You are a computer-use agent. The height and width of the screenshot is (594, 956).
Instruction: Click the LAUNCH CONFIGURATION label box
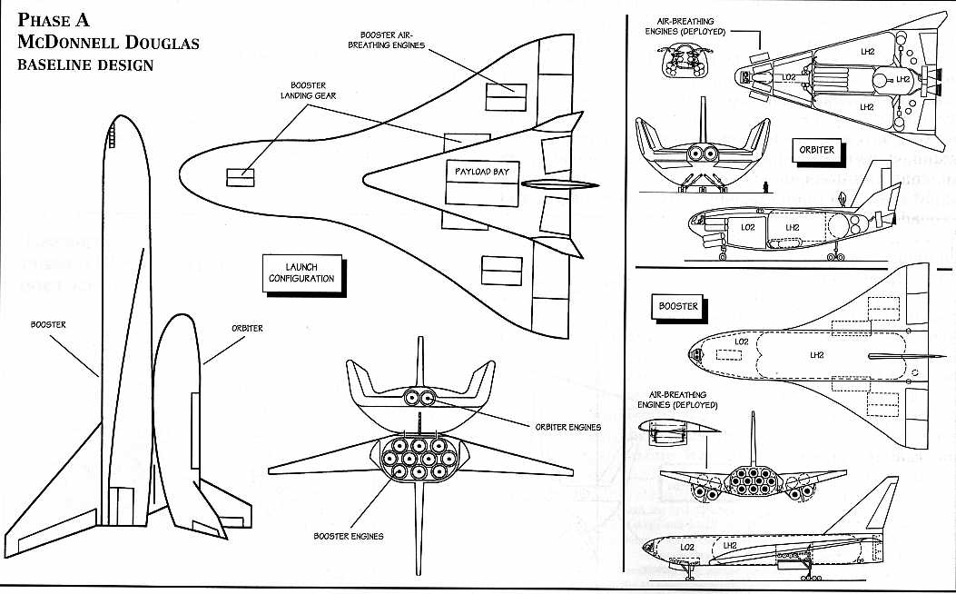[x=301, y=272]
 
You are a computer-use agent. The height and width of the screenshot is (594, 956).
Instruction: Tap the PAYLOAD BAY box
[x=482, y=172]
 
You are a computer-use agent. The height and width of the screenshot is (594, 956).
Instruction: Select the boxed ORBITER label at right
[x=816, y=150]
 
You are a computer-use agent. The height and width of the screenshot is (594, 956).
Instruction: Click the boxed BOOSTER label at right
[x=679, y=306]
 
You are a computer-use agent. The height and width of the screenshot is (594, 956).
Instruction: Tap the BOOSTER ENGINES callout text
[x=348, y=536]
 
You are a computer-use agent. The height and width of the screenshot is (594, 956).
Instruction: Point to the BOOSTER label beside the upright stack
[x=47, y=323]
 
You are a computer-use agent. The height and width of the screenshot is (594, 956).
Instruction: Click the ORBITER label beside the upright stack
[x=246, y=328]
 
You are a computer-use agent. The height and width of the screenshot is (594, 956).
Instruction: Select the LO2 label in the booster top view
[x=741, y=342]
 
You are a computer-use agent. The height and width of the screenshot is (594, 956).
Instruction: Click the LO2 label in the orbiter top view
[x=789, y=78]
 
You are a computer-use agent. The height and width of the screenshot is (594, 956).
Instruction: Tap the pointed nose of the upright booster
[x=118, y=118]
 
